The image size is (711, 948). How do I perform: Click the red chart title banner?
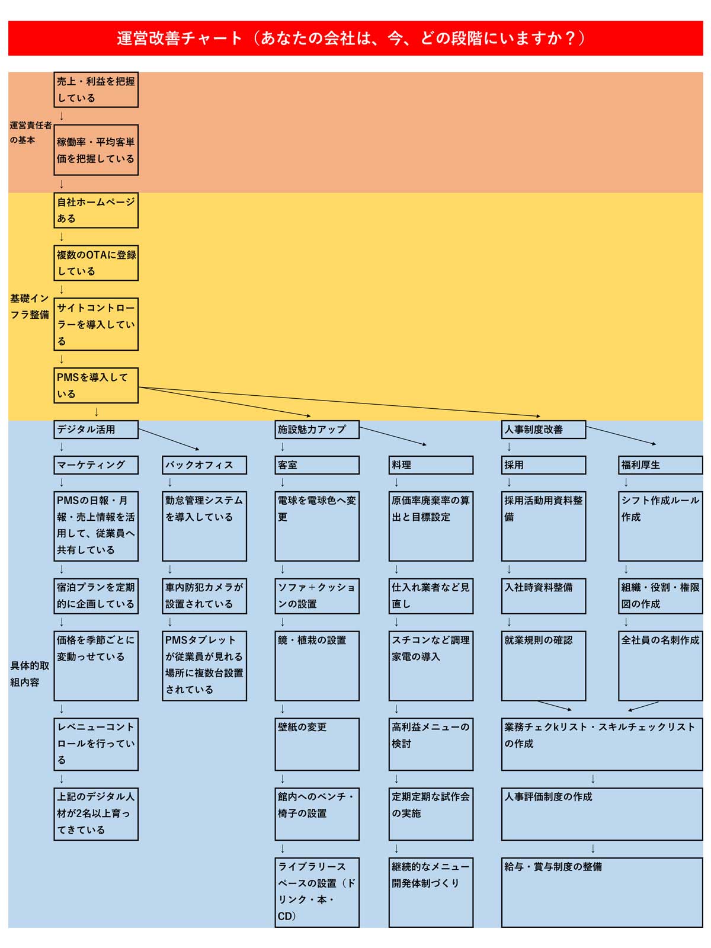click(355, 38)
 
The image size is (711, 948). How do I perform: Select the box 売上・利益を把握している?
click(96, 89)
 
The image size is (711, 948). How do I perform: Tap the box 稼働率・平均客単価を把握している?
click(96, 150)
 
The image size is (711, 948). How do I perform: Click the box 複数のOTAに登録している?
click(96, 263)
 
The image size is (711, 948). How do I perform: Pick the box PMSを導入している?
click(96, 385)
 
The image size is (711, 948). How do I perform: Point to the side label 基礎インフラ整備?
click(30, 306)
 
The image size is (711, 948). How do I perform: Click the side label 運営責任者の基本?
click(30, 132)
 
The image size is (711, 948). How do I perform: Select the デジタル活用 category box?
click(96, 430)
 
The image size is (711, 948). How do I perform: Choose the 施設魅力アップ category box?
click(317, 430)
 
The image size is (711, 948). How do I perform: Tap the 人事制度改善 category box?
click(543, 430)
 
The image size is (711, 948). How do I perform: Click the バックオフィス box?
click(204, 465)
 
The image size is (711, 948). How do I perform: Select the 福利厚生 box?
click(661, 465)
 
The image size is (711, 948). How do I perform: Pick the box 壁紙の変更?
click(317, 744)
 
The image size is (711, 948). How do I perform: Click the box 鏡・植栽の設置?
click(317, 665)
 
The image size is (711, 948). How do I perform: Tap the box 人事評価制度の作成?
click(602, 814)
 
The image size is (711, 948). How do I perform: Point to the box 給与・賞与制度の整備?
click(602, 892)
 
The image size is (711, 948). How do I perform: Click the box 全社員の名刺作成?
click(661, 665)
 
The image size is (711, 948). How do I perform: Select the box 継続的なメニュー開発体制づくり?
click(431, 892)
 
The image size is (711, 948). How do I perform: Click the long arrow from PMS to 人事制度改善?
click(340, 402)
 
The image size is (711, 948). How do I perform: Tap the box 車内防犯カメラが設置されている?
click(204, 596)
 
